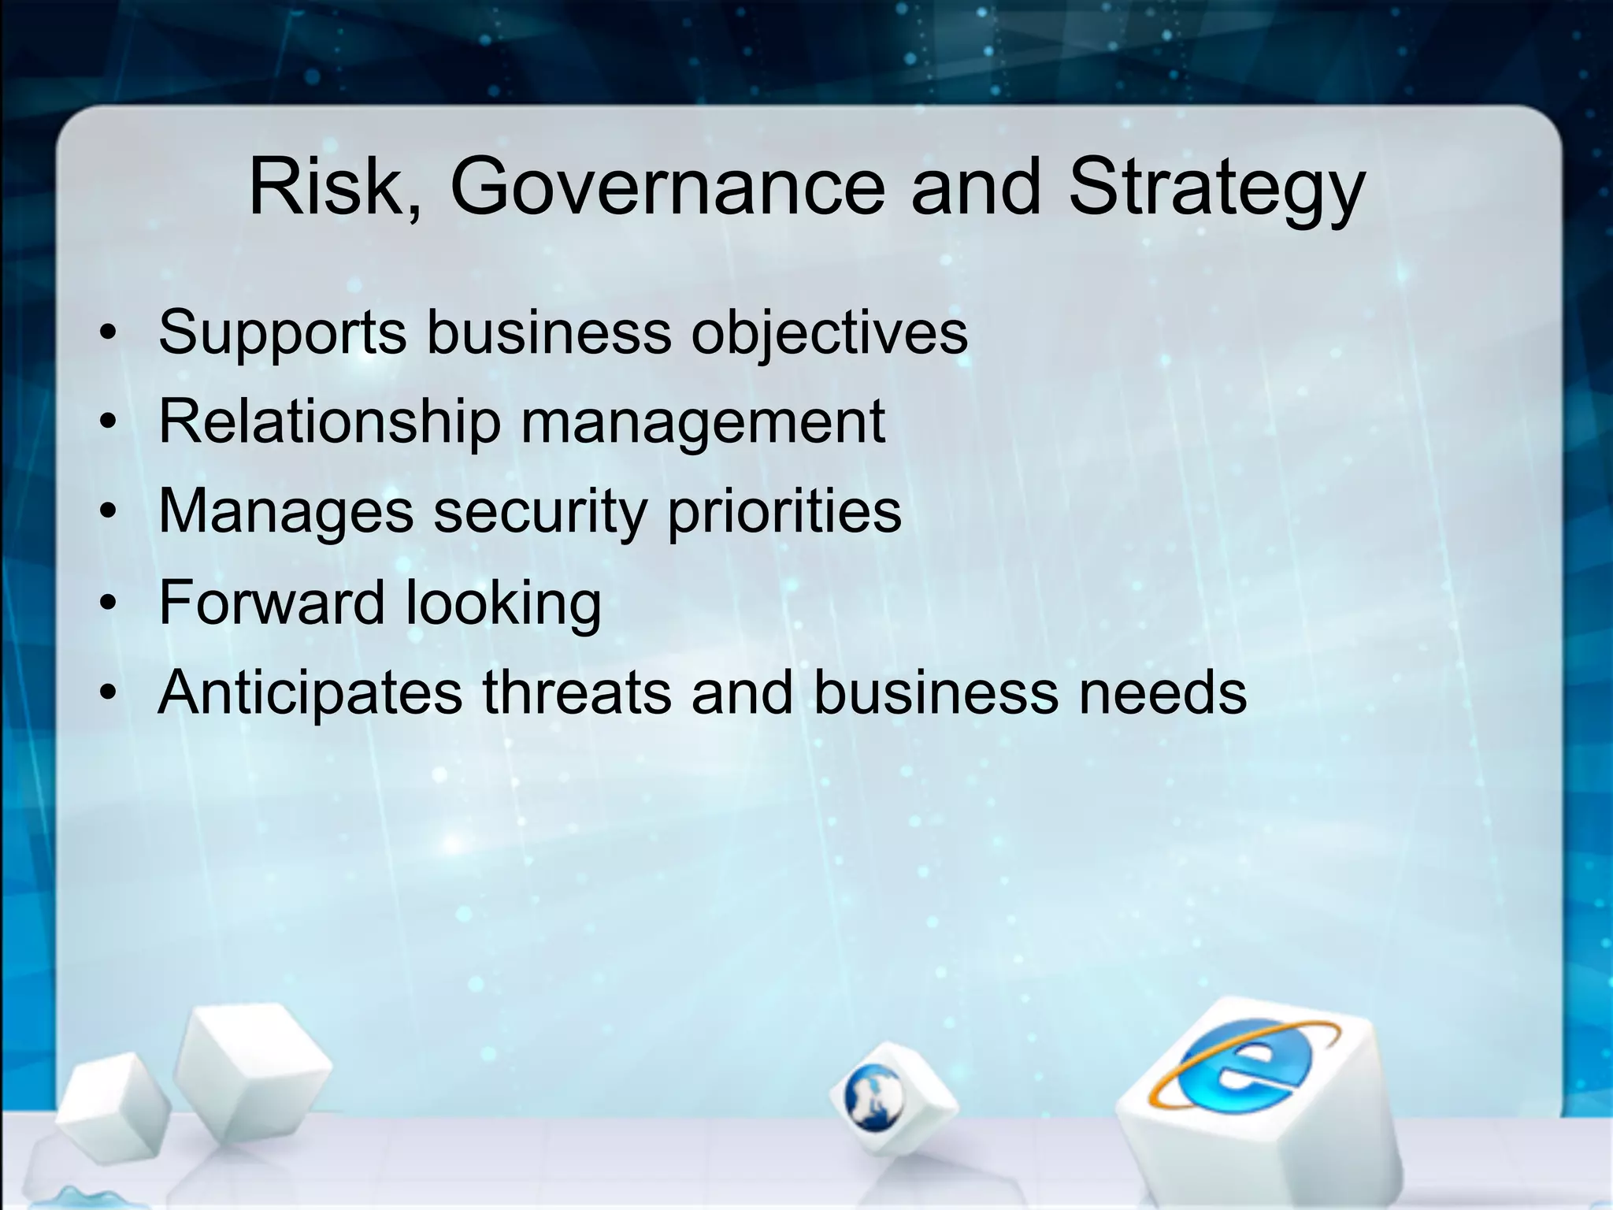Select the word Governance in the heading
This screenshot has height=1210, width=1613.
tap(667, 187)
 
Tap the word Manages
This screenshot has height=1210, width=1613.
tap(285, 512)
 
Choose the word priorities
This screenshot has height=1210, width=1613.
tap(784, 512)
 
